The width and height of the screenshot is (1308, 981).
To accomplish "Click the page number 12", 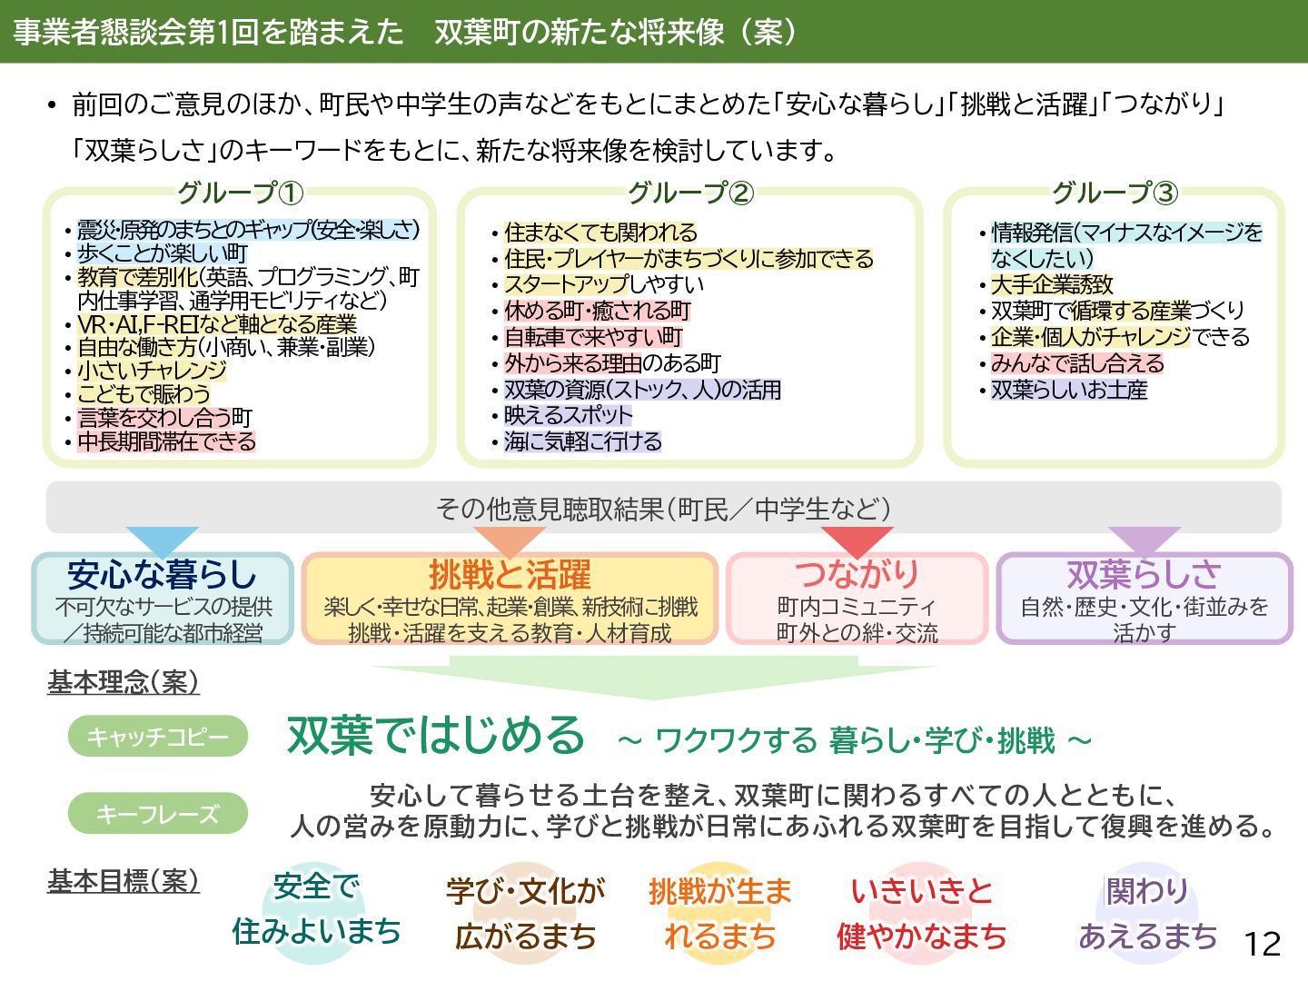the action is pos(1262,944).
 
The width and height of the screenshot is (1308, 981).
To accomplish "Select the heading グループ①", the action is pos(240,193).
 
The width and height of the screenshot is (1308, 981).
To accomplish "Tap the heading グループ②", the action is pos(690,193).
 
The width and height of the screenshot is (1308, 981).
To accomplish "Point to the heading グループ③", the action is pos(1115,193).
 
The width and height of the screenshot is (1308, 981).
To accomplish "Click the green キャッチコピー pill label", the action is pos(158,737).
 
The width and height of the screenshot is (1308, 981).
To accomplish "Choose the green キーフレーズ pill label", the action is pos(158,813).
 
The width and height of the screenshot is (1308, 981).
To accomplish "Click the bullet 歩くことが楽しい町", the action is pos(162,253).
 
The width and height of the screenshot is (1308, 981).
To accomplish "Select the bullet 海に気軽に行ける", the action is pos(582,441).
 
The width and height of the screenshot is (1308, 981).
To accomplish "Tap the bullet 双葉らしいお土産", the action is pos(1069,390).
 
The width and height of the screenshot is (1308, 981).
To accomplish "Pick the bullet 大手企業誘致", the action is pos(1052,284).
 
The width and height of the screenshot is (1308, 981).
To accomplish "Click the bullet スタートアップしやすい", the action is pos(604,284).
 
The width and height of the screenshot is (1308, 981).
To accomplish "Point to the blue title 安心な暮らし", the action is pos(163,574).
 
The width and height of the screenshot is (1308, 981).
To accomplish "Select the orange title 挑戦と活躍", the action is pos(510,574).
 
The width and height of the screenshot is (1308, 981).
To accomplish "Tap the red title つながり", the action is pos(857,574).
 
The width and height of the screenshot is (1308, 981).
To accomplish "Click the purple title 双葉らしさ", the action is pos(1144,574).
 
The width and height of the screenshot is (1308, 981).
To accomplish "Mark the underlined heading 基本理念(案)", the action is pos(124,682).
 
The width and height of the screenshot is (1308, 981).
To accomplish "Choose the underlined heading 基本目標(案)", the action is pos(124,880).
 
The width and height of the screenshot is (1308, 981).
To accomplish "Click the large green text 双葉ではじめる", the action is pos(436,735).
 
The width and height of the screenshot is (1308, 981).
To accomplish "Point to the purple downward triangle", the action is pos(1144,539).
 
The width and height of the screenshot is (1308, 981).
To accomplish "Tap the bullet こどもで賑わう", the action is pos(144,394).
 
